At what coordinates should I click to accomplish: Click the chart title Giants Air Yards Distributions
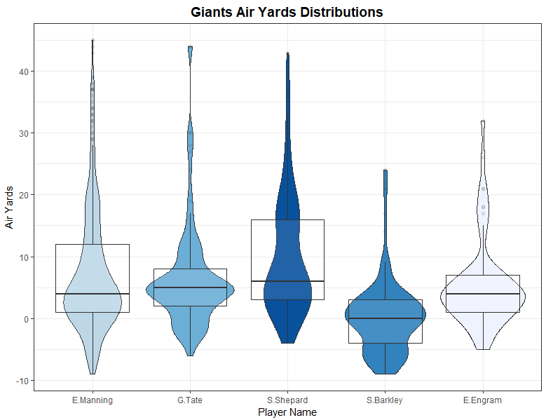(287, 12)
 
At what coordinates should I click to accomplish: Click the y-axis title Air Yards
(9, 208)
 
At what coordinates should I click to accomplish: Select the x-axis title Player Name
(287, 412)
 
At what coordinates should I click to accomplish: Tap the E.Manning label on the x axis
(92, 400)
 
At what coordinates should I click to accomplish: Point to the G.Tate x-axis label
(189, 400)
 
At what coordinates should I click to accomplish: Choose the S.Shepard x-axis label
(287, 400)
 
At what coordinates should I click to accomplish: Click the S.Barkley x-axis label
(385, 400)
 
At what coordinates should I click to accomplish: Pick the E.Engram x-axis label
(482, 400)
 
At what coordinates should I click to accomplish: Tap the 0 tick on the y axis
(25, 319)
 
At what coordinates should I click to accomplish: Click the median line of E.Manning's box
(92, 294)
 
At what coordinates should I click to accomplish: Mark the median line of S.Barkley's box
(385, 318)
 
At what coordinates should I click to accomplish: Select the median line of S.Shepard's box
(287, 281)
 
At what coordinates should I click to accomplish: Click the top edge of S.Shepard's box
(287, 219)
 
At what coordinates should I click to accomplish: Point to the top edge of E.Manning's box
(92, 244)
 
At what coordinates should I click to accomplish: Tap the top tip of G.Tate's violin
(190, 47)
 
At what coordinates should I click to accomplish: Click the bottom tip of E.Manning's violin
(93, 374)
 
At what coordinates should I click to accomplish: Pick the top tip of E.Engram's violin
(482, 121)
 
